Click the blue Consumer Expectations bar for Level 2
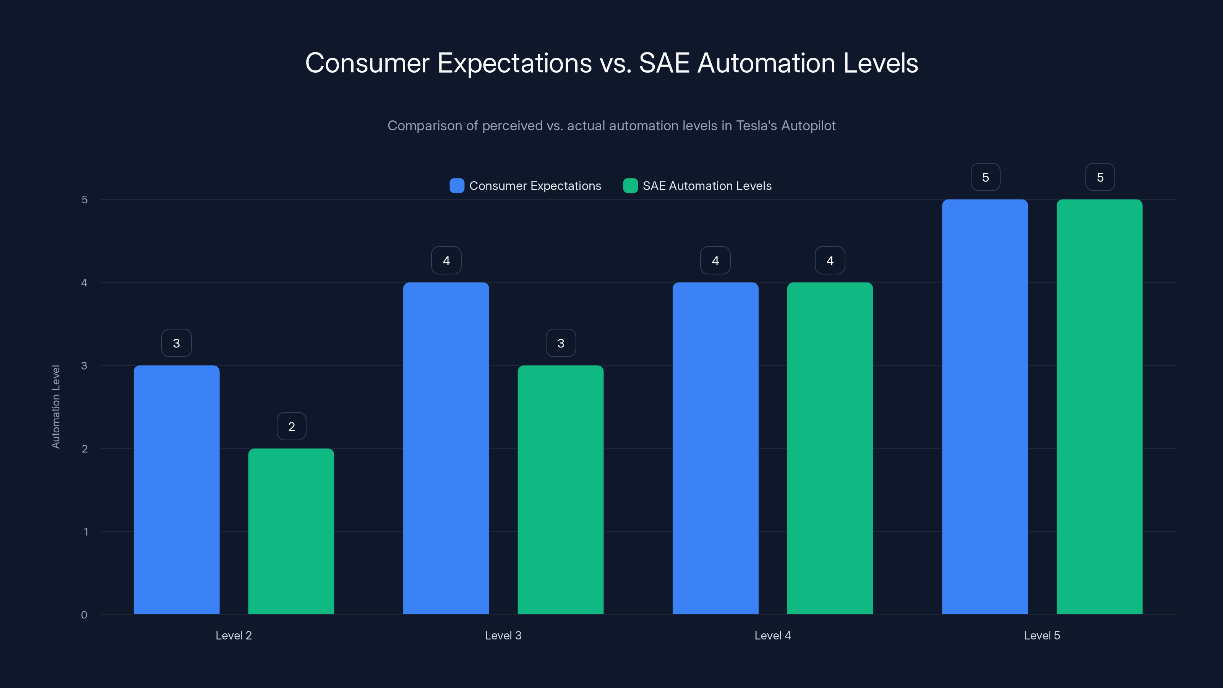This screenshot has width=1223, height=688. tap(176, 489)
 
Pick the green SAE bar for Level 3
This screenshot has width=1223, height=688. tap(560, 489)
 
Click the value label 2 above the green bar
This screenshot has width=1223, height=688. tap(292, 427)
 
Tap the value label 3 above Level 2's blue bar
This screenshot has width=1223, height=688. tap(177, 343)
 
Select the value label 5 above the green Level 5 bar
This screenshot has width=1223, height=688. tap(1100, 177)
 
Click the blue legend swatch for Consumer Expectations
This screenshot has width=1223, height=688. tap(457, 186)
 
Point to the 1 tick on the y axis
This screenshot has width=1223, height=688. tap(86, 532)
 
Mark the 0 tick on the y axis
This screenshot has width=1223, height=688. tap(84, 615)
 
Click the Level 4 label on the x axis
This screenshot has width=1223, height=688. tap(772, 635)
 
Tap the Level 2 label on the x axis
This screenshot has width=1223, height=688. tap(234, 635)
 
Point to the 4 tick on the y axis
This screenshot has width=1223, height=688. tap(84, 283)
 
